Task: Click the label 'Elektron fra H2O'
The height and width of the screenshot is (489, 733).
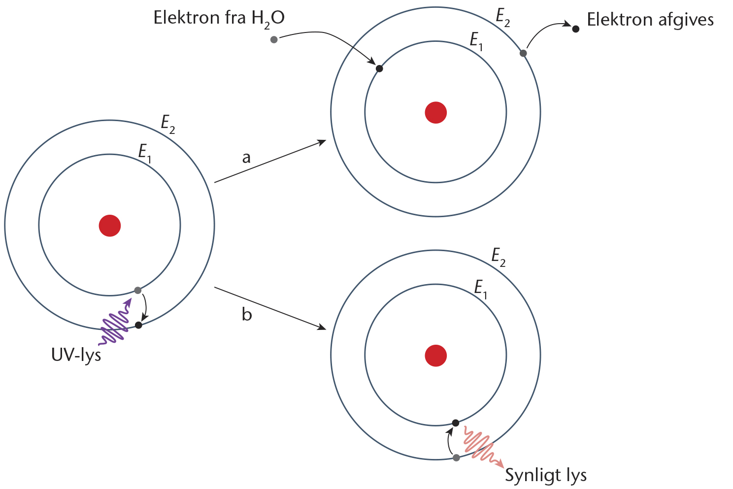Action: coord(219,19)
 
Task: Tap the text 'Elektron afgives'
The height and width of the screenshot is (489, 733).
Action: coord(650,20)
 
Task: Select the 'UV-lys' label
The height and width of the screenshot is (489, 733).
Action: coord(76,355)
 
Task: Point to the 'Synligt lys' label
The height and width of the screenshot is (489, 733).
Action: coord(546,476)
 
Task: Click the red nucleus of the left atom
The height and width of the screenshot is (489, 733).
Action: coord(110,226)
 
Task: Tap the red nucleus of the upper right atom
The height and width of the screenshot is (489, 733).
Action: coord(436,112)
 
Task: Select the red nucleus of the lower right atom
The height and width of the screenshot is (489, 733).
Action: coord(436,356)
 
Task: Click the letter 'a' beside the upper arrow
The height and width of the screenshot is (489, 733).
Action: coord(246,158)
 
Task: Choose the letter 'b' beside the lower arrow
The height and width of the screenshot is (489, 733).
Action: coord(247,314)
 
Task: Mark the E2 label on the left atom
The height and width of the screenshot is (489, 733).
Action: coord(168,124)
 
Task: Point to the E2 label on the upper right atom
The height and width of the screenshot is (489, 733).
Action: coord(502,18)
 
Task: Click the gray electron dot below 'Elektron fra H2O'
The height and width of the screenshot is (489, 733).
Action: coord(274,39)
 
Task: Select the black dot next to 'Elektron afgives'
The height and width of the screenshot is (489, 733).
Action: coord(575,29)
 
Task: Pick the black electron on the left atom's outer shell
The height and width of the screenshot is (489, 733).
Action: coord(138,325)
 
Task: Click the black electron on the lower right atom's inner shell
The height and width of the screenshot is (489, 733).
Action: coord(456,423)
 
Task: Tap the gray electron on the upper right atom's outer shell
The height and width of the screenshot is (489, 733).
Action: coord(523,53)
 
